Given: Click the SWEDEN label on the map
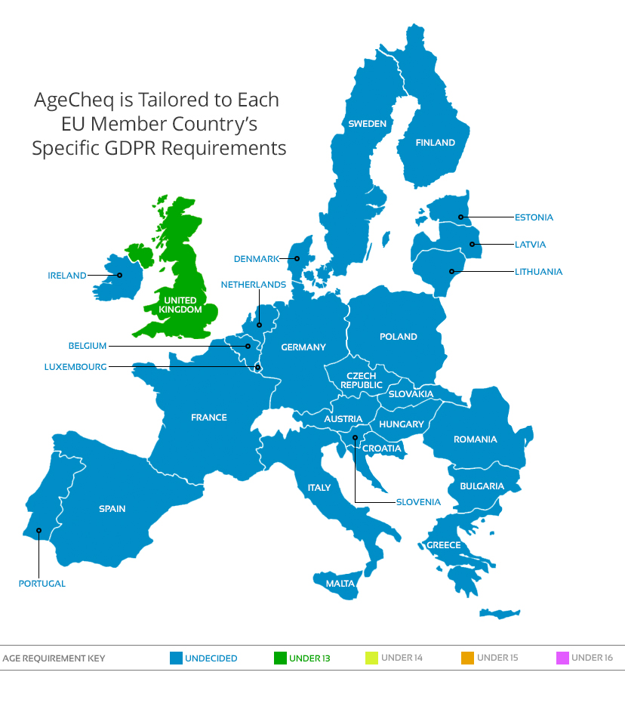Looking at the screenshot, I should (367, 124).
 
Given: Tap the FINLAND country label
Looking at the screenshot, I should (436, 142).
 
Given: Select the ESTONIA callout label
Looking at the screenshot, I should (534, 217).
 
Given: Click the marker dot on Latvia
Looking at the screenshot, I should (472, 244).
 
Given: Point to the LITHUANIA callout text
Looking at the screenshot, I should (538, 272).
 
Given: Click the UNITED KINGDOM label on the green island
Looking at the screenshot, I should (180, 305).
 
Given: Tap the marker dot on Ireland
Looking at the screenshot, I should (119, 276).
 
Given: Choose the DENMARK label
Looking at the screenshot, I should (256, 259).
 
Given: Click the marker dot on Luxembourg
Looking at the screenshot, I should (258, 368).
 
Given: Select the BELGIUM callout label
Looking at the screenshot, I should (88, 346).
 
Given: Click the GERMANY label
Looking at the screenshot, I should (303, 347).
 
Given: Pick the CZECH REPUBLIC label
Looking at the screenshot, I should (362, 381).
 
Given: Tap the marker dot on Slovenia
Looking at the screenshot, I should (355, 437).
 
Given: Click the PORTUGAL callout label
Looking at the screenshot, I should (42, 584).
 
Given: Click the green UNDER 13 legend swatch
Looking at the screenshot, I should (280, 658).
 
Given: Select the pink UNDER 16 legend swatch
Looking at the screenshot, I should (562, 658).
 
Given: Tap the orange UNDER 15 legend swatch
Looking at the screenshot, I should (467, 658).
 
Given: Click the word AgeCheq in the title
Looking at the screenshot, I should (68, 100).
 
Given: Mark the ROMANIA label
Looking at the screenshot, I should (475, 439).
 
